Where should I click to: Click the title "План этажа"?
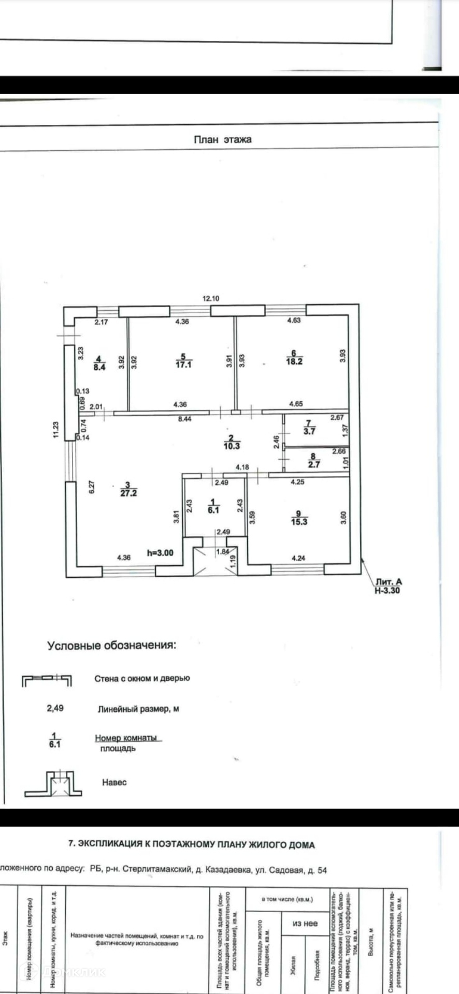(x=223, y=139)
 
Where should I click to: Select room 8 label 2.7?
(x=314, y=461)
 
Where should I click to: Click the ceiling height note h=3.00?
(x=161, y=553)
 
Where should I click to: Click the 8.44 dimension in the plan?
(x=184, y=419)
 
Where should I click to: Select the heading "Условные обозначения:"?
(x=112, y=646)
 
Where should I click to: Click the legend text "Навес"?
(x=114, y=782)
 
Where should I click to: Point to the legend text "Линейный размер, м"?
(x=138, y=709)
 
